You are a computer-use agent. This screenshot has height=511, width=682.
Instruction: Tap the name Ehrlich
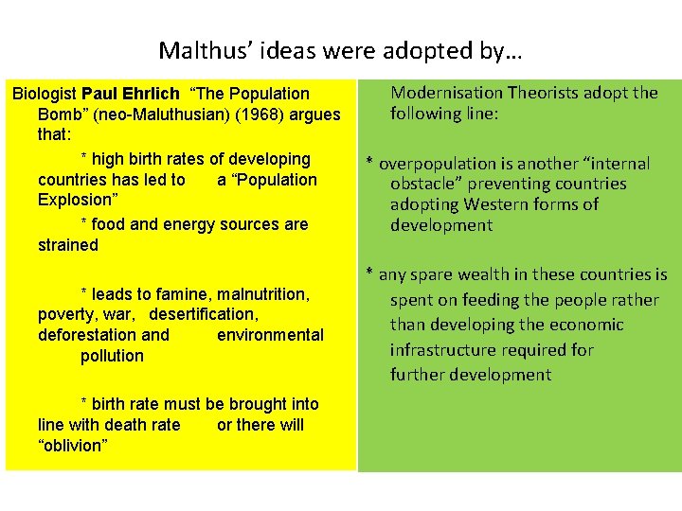(x=151, y=94)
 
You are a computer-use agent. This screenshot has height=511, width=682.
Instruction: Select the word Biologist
(x=45, y=94)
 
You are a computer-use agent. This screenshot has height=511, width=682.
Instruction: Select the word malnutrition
(x=256, y=293)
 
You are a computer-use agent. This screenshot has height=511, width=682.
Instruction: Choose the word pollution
(x=112, y=356)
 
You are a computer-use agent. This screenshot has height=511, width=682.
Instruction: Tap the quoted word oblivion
(x=73, y=446)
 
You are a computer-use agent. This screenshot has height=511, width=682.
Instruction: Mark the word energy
(x=187, y=224)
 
